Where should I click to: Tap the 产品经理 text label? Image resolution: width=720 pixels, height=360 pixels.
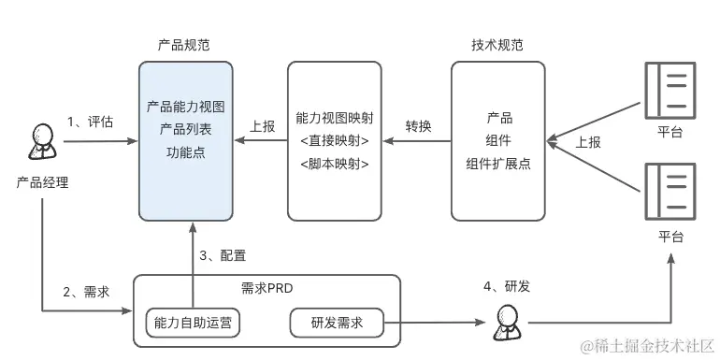[x=42, y=181]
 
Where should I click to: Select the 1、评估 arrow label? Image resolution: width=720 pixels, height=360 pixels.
[x=90, y=122]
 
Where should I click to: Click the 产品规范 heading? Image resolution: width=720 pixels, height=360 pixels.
[x=185, y=46]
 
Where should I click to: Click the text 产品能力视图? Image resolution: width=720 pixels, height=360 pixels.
[x=185, y=108]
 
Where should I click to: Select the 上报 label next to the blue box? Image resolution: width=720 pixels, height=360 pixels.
[x=263, y=126]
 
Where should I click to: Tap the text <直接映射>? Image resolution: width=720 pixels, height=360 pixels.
[x=334, y=141]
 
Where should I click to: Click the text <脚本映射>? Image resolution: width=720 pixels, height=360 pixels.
[x=334, y=163]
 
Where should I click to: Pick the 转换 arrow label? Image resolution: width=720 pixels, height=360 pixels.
[x=417, y=126]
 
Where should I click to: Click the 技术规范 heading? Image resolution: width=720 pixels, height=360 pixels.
[x=497, y=46]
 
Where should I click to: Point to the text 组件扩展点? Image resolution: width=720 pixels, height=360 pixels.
[x=498, y=162]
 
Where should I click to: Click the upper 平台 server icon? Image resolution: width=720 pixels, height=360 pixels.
[x=670, y=89]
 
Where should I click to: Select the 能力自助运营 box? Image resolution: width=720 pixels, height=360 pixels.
[x=193, y=323]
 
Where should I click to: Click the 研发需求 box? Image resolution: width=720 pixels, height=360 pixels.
[x=337, y=323]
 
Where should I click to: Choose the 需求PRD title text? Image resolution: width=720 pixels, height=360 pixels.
[x=266, y=288]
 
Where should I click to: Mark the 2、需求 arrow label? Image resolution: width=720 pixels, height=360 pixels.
[x=86, y=291]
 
